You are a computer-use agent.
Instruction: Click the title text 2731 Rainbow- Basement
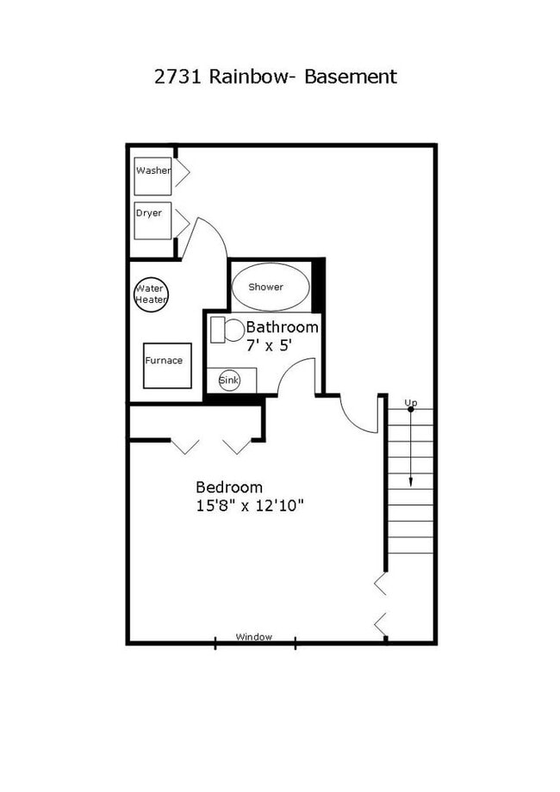[x=275, y=76]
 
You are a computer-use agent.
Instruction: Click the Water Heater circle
[x=151, y=294]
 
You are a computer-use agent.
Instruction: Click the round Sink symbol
[x=229, y=380]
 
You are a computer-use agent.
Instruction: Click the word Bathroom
[x=282, y=327]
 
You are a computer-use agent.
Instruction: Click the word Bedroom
[x=229, y=487]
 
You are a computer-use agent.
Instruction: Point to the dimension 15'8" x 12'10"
[x=250, y=506]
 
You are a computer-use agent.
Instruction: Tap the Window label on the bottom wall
[x=254, y=637]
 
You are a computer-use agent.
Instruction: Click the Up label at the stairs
[x=411, y=402]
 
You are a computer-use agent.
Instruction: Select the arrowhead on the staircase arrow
[x=411, y=482]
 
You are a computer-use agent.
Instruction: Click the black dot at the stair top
[x=411, y=410]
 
